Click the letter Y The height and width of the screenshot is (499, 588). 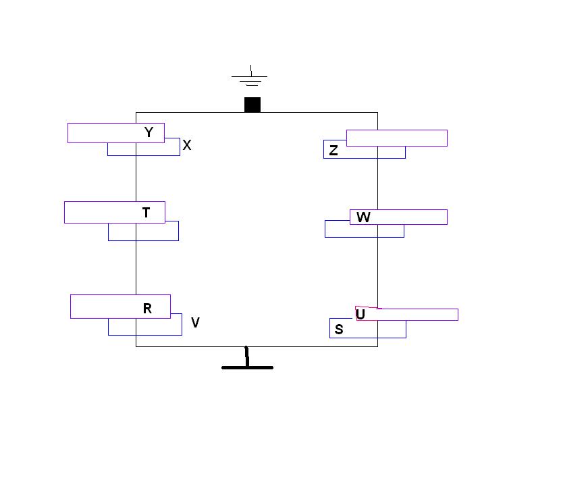click(x=149, y=132)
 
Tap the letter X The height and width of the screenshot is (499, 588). click(x=187, y=145)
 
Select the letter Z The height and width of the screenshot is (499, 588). click(x=333, y=151)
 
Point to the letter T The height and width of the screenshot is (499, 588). click(x=146, y=213)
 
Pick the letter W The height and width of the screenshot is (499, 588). click(x=363, y=217)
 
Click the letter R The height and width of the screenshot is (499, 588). click(x=147, y=309)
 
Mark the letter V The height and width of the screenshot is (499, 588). click(x=195, y=323)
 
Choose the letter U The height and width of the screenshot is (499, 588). click(x=360, y=315)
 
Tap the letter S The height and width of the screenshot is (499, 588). click(x=339, y=330)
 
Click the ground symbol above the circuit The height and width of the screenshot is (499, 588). click(x=250, y=78)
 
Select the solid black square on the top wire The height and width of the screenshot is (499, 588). click(x=252, y=105)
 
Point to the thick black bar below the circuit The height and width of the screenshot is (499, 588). click(x=247, y=367)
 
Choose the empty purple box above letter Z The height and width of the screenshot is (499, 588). click(x=397, y=138)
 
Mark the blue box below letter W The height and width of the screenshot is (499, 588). click(x=364, y=231)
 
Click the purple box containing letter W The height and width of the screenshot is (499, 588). click(x=405, y=217)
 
